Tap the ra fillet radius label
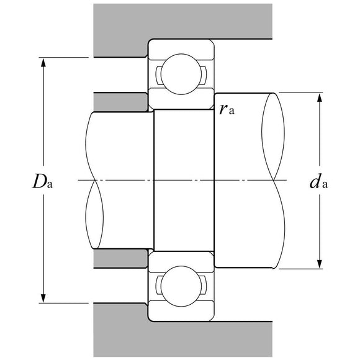click(227, 110)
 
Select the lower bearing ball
click(181, 286)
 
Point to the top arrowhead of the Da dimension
click(44, 63)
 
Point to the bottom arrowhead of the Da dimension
click(44, 299)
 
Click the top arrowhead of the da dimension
click(320, 97)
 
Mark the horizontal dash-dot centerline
click(186, 181)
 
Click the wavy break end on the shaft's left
click(93, 180)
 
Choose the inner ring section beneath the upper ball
click(181, 101)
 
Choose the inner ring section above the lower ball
click(181, 260)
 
